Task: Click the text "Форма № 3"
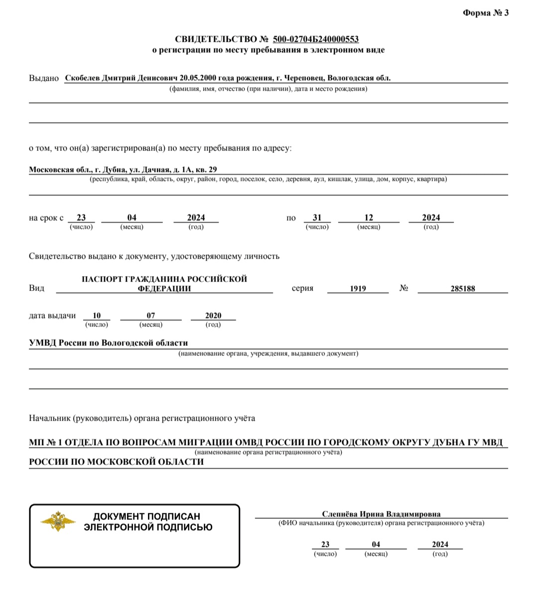pyautogui.click(x=486, y=13)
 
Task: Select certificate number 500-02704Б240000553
pyautogui.click(x=316, y=39)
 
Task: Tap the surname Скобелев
pyautogui.click(x=83, y=78)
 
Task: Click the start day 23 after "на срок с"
pyautogui.click(x=81, y=218)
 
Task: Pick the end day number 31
pyautogui.click(x=317, y=218)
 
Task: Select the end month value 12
pyautogui.click(x=369, y=218)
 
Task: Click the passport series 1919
pyautogui.click(x=358, y=289)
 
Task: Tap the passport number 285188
pyautogui.click(x=463, y=289)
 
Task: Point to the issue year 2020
pyautogui.click(x=213, y=315)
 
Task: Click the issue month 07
pyautogui.click(x=151, y=315)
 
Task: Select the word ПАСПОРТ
pyautogui.click(x=102, y=279)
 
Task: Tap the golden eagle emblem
pyautogui.click(x=58, y=521)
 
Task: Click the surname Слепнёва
pyautogui.click(x=340, y=514)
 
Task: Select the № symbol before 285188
pyautogui.click(x=404, y=288)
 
